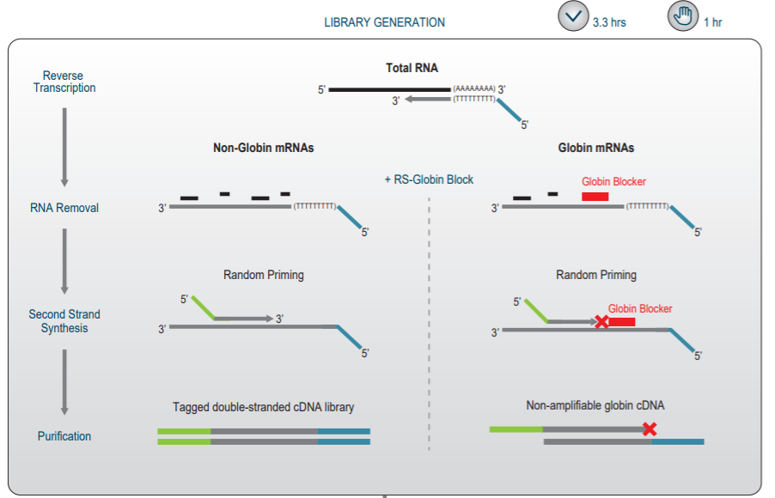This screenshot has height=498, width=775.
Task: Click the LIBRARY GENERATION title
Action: (x=384, y=22)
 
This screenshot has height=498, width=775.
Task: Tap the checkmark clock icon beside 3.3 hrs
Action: (x=571, y=17)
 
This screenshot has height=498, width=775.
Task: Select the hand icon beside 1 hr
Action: (x=683, y=17)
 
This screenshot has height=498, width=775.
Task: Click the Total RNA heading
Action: (x=412, y=68)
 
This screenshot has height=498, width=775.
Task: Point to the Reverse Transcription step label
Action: (x=64, y=82)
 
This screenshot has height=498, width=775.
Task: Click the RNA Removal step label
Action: (x=64, y=208)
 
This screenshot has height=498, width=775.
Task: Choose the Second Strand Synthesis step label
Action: (x=64, y=321)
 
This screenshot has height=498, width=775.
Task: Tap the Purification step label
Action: (x=64, y=436)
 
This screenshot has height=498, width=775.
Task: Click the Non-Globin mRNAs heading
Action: (x=263, y=148)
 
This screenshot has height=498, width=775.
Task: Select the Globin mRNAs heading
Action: (x=596, y=148)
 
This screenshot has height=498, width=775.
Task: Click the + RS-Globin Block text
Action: (x=429, y=179)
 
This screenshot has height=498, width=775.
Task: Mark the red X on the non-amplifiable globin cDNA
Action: (x=650, y=428)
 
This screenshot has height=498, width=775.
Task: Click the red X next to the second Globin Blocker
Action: (x=602, y=322)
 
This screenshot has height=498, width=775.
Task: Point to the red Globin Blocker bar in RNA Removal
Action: (x=595, y=197)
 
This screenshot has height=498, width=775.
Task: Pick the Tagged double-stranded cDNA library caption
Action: (x=263, y=407)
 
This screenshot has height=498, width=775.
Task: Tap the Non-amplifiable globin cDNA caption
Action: (x=595, y=405)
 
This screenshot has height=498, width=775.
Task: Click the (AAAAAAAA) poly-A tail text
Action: (x=473, y=89)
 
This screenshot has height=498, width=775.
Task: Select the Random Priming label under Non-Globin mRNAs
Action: (x=263, y=275)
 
